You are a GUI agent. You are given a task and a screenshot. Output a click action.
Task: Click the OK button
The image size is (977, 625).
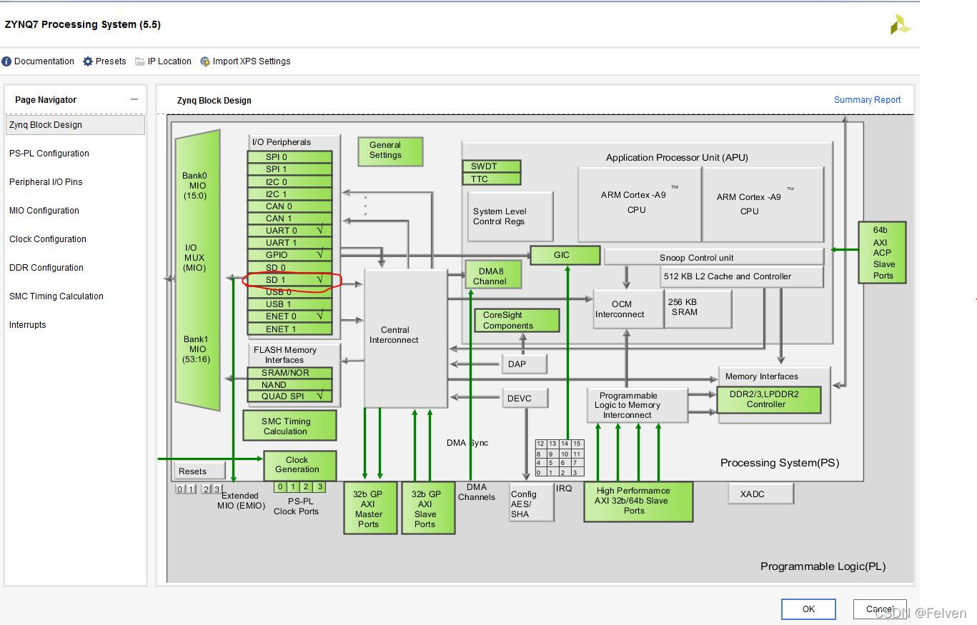click(x=808, y=609)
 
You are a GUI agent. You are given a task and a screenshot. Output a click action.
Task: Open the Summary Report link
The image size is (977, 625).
click(x=867, y=100)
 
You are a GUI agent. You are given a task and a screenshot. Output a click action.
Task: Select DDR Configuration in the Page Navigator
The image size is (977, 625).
click(x=46, y=268)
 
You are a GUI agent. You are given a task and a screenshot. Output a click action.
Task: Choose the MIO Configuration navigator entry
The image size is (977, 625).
click(x=44, y=211)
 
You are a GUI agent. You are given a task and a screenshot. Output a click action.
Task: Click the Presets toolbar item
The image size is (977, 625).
click(x=104, y=61)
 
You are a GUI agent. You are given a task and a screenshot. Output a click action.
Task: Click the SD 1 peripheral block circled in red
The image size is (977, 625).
click(x=289, y=280)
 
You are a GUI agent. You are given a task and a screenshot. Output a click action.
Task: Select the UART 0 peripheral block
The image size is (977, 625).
click(x=289, y=231)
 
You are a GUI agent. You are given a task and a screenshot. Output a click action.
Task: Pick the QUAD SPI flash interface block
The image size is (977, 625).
click(x=289, y=396)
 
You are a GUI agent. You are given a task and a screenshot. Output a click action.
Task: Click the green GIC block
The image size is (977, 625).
click(x=565, y=255)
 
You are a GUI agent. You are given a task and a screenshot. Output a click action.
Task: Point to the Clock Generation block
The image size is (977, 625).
click(x=299, y=465)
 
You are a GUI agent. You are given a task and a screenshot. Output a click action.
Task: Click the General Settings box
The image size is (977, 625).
click(x=390, y=151)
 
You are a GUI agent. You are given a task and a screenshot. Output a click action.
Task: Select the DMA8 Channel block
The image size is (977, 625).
click(x=492, y=276)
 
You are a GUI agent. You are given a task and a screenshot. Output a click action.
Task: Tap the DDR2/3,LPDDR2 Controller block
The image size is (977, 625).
click(x=768, y=399)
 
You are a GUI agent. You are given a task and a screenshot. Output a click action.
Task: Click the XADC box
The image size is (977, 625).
click(x=760, y=494)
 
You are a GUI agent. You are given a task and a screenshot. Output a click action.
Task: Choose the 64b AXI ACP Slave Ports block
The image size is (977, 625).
click(x=883, y=253)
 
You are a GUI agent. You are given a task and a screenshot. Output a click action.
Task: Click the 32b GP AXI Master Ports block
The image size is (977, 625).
click(x=370, y=509)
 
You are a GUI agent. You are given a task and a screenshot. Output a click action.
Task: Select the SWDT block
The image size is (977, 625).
click(x=491, y=166)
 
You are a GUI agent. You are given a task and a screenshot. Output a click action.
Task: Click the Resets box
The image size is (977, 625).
click(x=199, y=471)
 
